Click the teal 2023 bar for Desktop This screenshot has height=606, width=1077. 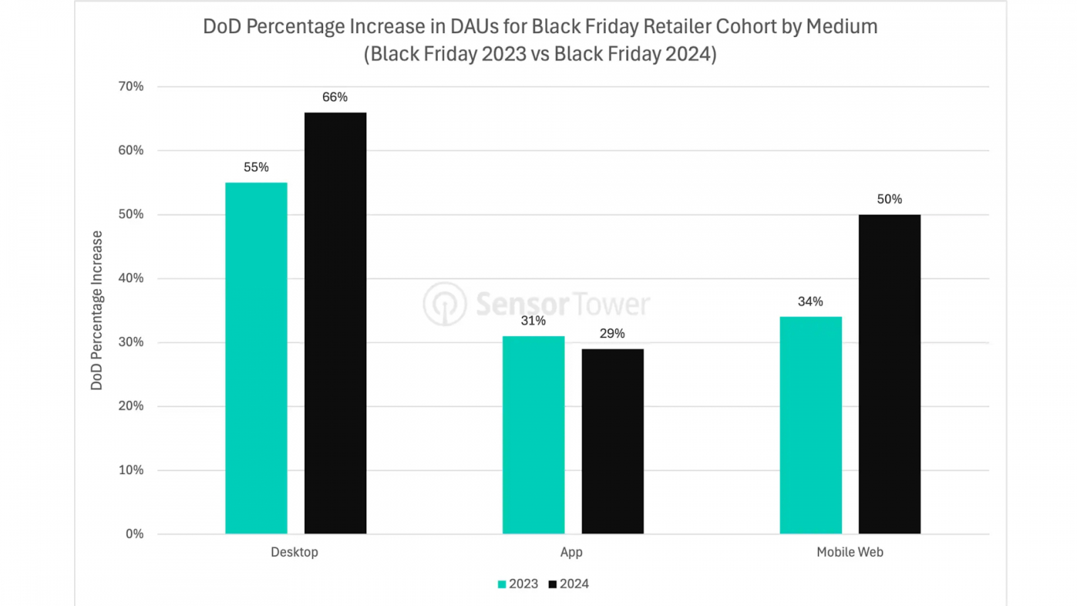point(256,358)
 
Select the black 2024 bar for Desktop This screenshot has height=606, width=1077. point(335,323)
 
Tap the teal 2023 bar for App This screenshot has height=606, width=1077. point(533,435)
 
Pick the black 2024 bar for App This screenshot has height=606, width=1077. point(613,441)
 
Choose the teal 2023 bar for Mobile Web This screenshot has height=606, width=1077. point(810,425)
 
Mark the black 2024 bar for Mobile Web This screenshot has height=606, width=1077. point(889,374)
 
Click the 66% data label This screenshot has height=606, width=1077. point(335,97)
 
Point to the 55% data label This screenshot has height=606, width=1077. point(256,167)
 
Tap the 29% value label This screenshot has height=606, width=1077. point(612,333)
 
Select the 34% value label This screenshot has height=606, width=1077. point(810,302)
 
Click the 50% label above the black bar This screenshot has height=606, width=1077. point(889,199)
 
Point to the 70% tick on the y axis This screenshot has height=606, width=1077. point(131,86)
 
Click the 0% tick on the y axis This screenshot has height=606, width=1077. point(135,534)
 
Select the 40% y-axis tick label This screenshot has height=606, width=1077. point(131,278)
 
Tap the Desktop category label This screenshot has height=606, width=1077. point(294,552)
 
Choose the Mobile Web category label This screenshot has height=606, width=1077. point(849,552)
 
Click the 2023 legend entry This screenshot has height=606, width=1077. point(518,584)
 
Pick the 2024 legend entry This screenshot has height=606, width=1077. point(569,584)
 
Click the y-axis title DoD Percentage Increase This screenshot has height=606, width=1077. point(97,310)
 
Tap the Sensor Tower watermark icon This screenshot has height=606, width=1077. point(444,304)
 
